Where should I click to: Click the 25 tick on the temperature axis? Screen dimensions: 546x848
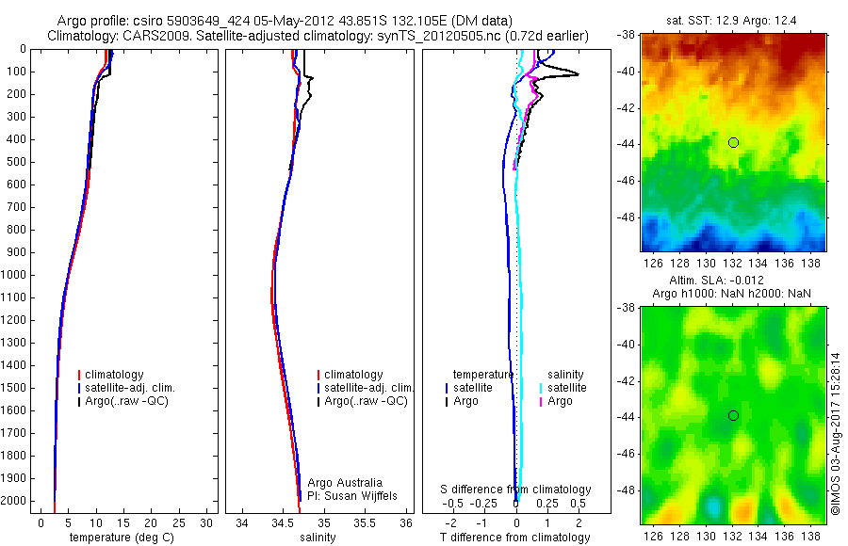click(x=179, y=522)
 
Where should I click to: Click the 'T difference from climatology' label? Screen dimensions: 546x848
click(x=514, y=538)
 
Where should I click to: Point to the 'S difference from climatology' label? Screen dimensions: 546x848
click(x=516, y=490)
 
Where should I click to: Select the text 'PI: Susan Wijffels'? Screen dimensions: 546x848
click(x=352, y=495)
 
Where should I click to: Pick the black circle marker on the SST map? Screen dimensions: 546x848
click(x=733, y=142)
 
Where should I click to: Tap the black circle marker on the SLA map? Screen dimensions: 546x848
click(x=733, y=415)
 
